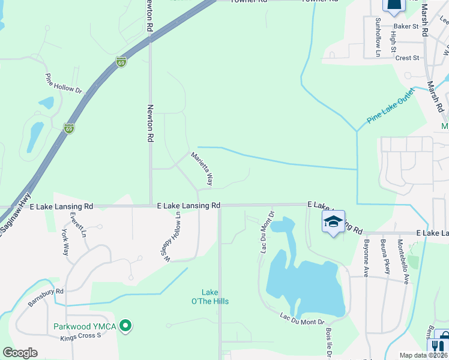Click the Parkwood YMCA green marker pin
point(125,326)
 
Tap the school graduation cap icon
point(333,222)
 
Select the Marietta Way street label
point(202,169)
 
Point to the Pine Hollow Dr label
point(63,83)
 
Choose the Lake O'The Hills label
point(210,297)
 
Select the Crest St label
point(407,58)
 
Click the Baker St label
point(406,26)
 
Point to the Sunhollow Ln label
point(378,37)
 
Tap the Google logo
point(20,353)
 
